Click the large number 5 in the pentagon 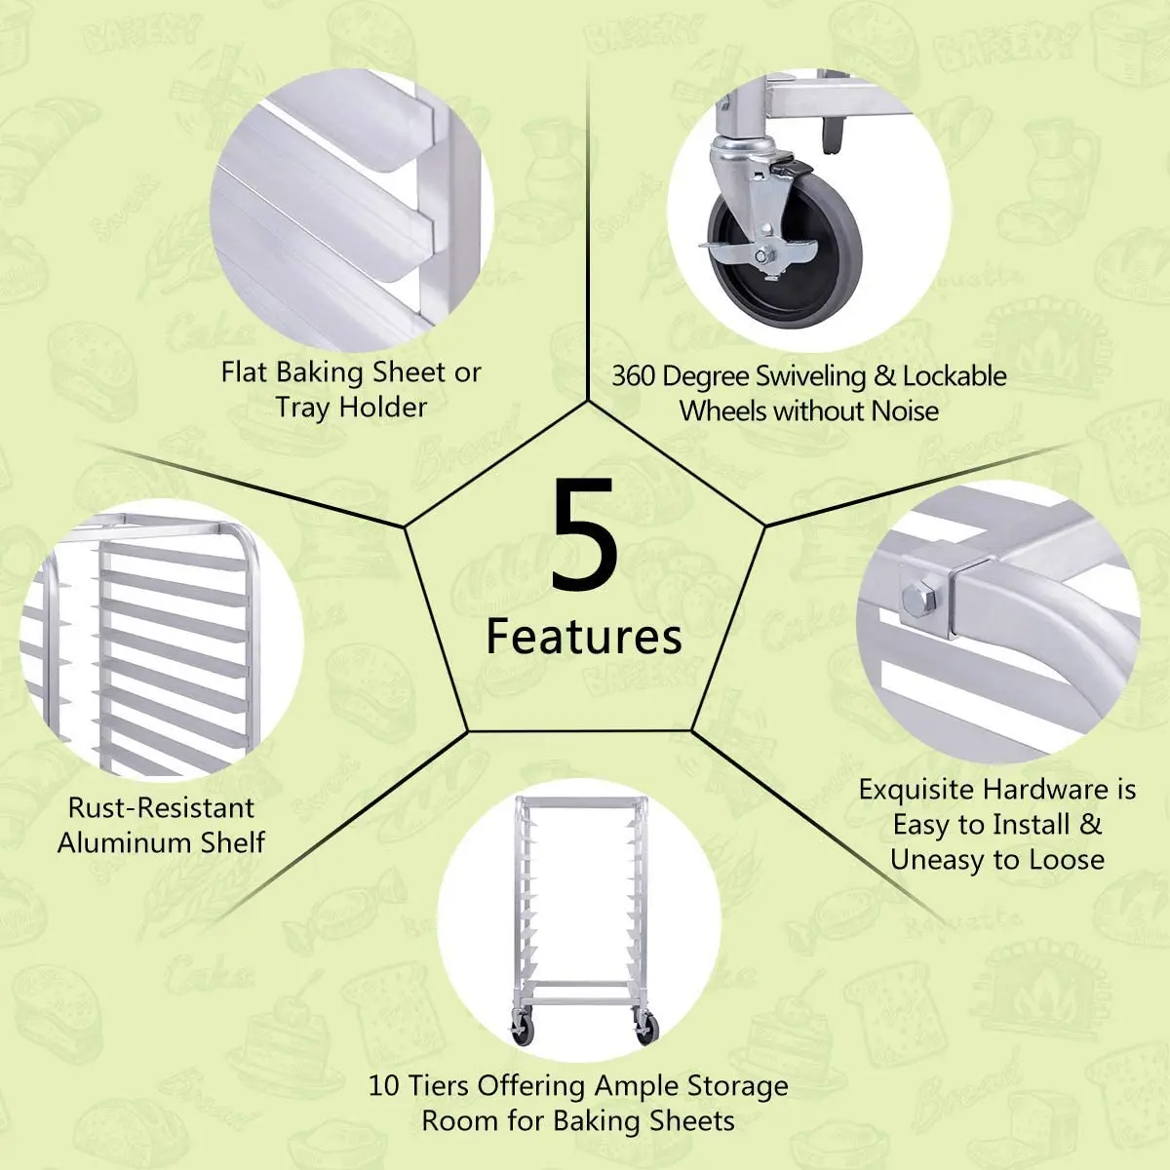coord(584,535)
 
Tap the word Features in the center coord(584,637)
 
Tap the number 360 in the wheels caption coord(634,376)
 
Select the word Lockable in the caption coord(955,376)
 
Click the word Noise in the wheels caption coord(905,411)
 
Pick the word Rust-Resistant coord(161,807)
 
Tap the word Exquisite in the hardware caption coord(917,790)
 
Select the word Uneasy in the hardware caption coord(937,860)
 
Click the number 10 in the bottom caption coord(384,1086)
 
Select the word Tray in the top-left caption coord(302,408)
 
